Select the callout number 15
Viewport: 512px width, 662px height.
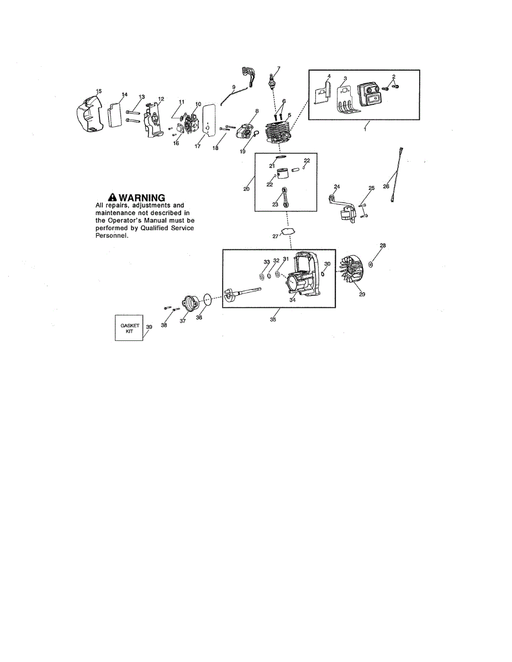point(99,91)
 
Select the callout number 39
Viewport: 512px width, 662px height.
point(149,327)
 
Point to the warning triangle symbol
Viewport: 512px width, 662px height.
point(112,197)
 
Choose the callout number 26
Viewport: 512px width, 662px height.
point(386,186)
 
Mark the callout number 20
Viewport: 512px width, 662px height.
point(246,189)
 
